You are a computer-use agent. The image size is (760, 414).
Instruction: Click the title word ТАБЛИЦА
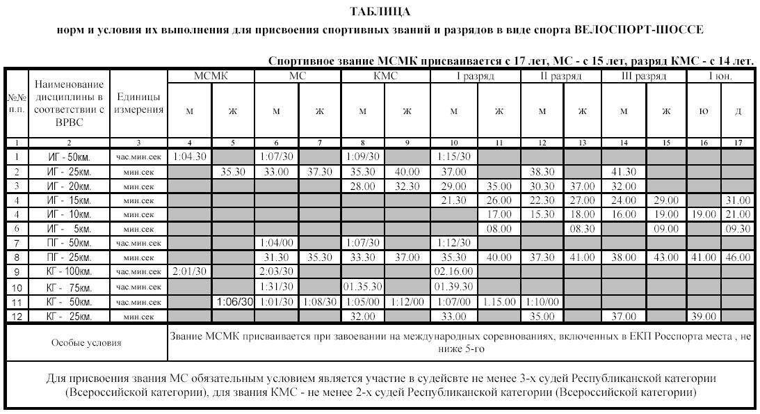[380, 12]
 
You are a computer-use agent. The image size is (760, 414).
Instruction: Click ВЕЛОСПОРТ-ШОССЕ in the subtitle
[639, 30]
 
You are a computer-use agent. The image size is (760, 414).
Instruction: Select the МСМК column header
[211, 76]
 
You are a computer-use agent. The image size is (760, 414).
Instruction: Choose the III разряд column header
[644, 76]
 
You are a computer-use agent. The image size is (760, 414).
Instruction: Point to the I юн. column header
[720, 76]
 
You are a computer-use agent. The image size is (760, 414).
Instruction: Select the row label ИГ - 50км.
[69, 157]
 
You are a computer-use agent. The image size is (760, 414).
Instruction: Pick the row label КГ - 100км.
[69, 271]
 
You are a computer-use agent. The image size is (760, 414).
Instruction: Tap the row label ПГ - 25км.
[69, 257]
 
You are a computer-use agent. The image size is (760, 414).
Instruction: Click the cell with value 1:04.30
[189, 157]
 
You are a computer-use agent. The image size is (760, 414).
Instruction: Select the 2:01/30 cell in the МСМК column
[189, 271]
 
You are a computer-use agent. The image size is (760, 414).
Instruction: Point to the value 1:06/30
[233, 301]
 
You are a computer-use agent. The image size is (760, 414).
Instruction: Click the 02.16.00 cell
[453, 271]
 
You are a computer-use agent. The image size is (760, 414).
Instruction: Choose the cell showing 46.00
[737, 257]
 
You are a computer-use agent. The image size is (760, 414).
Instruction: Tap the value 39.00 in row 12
[703, 316]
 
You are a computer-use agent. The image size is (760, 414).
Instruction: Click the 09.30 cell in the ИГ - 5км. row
[737, 228]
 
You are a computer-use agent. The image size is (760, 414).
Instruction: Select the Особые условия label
[86, 343]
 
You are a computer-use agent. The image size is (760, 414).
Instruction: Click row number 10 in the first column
[15, 287]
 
